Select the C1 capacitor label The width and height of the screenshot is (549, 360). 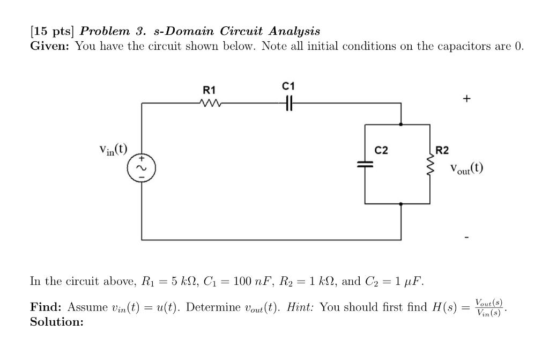click(x=288, y=86)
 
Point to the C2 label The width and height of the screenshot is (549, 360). click(x=381, y=150)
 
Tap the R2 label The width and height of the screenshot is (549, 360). click(x=442, y=150)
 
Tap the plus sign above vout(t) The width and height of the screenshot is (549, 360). click(x=467, y=99)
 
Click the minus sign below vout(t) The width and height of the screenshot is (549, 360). click(x=467, y=237)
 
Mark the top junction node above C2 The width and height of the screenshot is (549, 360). click(x=402, y=124)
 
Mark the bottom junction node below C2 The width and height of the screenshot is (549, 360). click(x=402, y=204)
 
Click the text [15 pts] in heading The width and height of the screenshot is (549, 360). click(x=50, y=31)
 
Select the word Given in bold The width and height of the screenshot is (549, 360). click(x=49, y=46)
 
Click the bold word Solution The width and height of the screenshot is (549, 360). click(x=56, y=322)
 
